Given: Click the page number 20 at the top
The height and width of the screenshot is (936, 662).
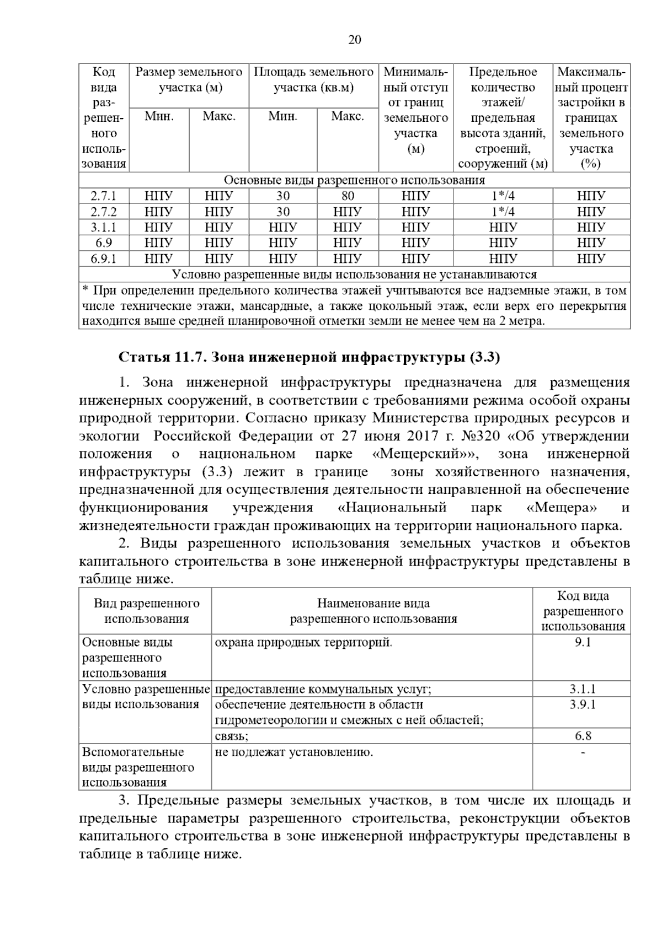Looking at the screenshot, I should click(355, 40).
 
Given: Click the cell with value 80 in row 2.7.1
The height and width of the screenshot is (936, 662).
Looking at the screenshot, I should click(348, 196).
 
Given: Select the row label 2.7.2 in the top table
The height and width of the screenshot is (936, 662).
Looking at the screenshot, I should click(103, 212).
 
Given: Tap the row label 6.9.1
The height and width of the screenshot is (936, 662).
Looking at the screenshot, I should click(103, 259).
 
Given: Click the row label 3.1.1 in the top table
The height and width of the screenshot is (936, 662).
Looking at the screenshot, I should click(103, 227).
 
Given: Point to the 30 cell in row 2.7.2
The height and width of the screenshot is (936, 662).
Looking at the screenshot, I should click(283, 212).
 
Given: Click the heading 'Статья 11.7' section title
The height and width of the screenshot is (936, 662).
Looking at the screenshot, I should click(309, 357).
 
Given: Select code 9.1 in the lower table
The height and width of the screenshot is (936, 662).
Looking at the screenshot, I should click(582, 642).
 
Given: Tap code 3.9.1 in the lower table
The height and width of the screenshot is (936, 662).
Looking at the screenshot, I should click(582, 704).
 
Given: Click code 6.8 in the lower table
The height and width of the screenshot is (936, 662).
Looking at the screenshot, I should click(582, 736).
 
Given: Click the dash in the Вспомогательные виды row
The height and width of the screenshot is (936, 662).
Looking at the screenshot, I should click(583, 752).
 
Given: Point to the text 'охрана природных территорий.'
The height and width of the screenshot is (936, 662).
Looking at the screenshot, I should click(303, 642).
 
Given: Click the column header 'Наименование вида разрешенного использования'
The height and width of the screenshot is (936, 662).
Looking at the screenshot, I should click(373, 611).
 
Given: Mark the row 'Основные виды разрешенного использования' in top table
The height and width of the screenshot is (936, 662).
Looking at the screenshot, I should click(354, 180).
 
